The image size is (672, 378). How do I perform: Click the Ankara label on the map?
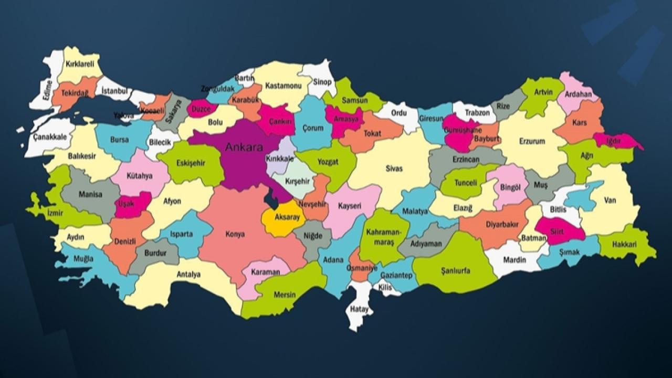pyautogui.click(x=244, y=148)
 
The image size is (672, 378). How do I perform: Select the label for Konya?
pyautogui.click(x=235, y=235)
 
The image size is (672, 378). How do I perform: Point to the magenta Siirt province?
pyautogui.click(x=557, y=231)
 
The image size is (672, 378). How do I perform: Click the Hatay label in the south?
pyautogui.click(x=360, y=309)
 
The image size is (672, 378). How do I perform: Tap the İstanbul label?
pyautogui.click(x=114, y=91)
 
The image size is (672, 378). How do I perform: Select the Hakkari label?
pyautogui.click(x=626, y=244)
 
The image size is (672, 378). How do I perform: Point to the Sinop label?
pyautogui.click(x=322, y=81)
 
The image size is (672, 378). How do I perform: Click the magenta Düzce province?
pyautogui.click(x=201, y=109)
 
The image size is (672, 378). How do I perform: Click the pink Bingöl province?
pyautogui.click(x=509, y=186)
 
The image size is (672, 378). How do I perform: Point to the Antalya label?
pyautogui.click(x=188, y=274)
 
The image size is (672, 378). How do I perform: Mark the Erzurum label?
pyautogui.click(x=532, y=141)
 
